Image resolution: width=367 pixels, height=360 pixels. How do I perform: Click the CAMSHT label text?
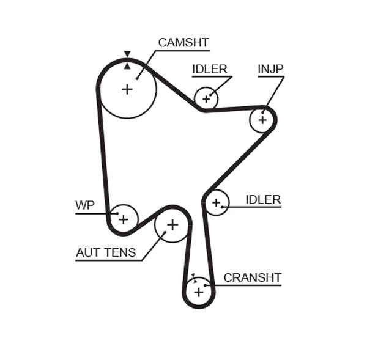coord(183,43)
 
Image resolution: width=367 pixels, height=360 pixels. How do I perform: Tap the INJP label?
coord(270,69)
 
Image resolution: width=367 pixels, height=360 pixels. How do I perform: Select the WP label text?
coord(85,205)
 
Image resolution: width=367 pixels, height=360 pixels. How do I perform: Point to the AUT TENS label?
coord(106,252)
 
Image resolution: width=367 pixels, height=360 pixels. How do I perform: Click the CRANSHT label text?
coord(252,277)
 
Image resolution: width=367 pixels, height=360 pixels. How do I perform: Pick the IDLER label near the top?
coord(209,69)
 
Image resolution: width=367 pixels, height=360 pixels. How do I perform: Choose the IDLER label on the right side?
coord(263,199)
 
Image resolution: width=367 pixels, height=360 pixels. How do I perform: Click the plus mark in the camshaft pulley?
coord(127,89)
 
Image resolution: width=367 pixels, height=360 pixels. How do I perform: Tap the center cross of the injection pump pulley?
coord(262,120)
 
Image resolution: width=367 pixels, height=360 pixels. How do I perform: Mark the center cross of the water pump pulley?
coord(124,218)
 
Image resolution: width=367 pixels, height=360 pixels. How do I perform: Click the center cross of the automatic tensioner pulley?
coord(172,225)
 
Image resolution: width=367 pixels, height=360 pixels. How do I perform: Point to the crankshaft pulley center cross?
coord(198,292)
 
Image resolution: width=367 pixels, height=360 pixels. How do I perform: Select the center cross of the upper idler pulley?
coord(206,98)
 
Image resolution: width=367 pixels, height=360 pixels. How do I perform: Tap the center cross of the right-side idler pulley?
coord(215,202)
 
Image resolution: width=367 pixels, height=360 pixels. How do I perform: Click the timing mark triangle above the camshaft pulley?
coord(127,54)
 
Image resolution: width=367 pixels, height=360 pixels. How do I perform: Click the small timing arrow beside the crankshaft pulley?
coord(192,276)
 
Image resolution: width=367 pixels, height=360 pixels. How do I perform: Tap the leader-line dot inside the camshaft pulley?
coord(137,78)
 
